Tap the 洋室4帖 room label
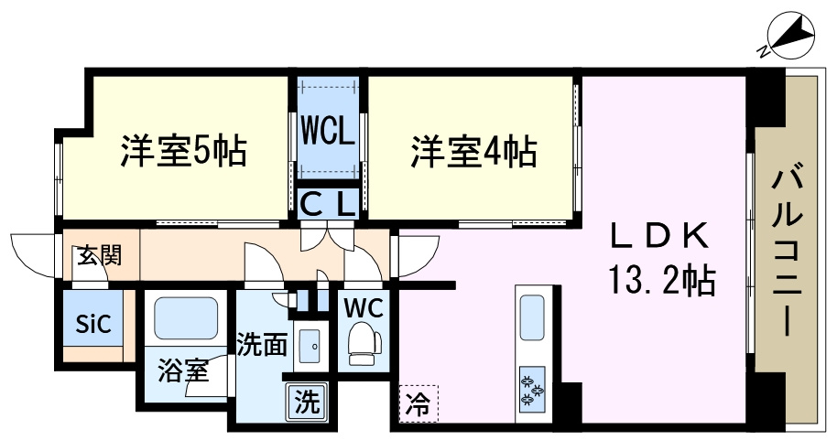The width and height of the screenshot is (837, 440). click(473, 150)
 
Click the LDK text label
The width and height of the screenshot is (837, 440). click(661, 238)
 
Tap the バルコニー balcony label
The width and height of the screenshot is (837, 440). click(786, 249)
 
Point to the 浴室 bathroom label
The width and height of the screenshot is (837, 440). click(183, 371)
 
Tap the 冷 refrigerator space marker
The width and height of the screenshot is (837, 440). click(418, 401)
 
